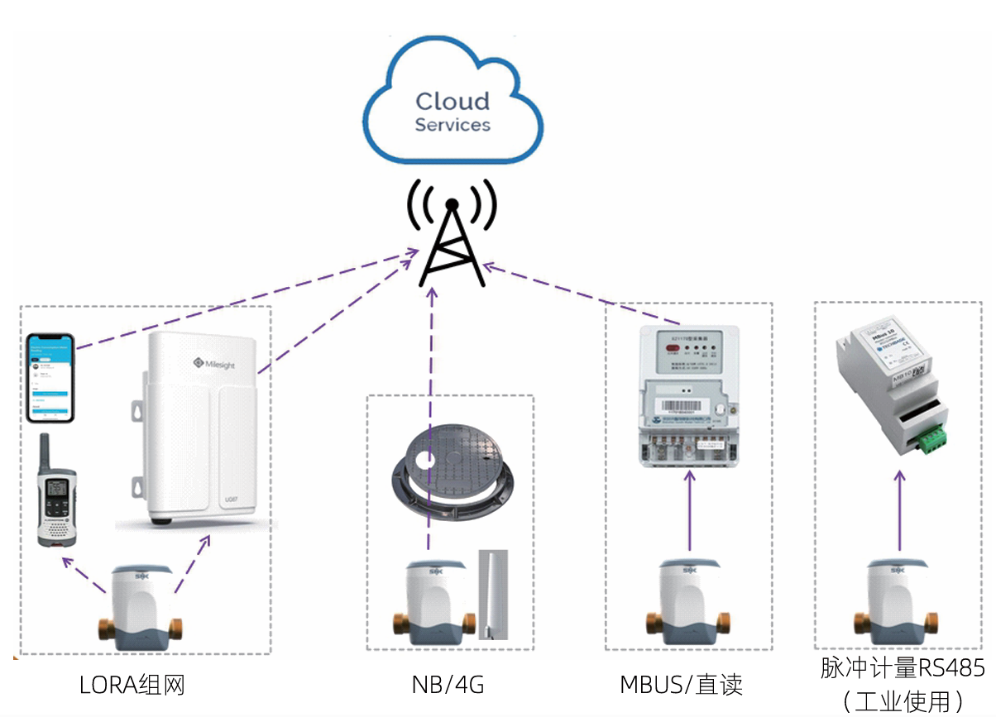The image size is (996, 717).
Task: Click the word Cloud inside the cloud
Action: click(x=453, y=102)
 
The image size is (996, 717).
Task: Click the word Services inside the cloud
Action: click(x=453, y=126)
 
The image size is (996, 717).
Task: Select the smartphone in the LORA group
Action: click(x=50, y=378)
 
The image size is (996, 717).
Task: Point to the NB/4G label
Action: click(x=448, y=686)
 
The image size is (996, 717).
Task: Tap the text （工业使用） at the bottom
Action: click(x=903, y=701)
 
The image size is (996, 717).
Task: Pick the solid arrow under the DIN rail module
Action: click(x=899, y=510)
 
